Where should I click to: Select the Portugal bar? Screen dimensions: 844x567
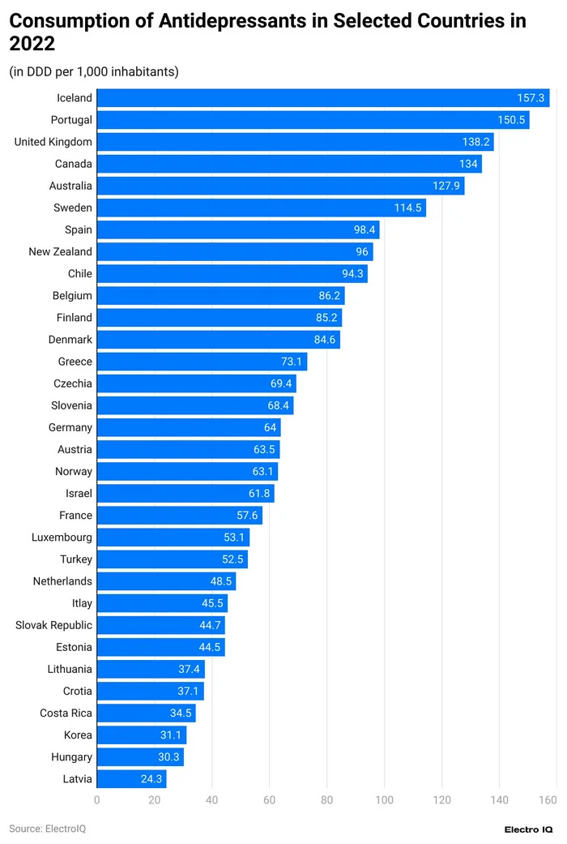pos(313,120)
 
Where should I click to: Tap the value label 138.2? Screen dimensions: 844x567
pos(475,142)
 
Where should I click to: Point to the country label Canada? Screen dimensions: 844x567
pos(73,164)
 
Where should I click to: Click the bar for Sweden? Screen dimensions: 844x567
pos(261,208)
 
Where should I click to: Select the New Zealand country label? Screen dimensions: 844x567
pos(60,251)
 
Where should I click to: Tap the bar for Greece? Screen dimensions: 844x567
pos(202,362)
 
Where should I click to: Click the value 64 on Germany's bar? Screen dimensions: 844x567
pos(271,427)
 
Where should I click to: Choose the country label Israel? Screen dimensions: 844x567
pos(79,493)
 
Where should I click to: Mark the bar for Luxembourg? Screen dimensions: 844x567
pos(173,538)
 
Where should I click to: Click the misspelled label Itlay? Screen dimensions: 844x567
pos(82,603)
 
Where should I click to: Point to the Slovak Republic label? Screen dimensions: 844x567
pos(53,625)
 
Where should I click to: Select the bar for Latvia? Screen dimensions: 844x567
pos(131,779)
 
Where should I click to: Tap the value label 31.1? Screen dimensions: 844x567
pos(171,735)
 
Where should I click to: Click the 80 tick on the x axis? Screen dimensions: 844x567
pos(326,801)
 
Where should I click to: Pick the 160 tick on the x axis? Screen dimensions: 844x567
pos(548,801)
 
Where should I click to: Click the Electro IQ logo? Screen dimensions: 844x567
pos(528,829)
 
